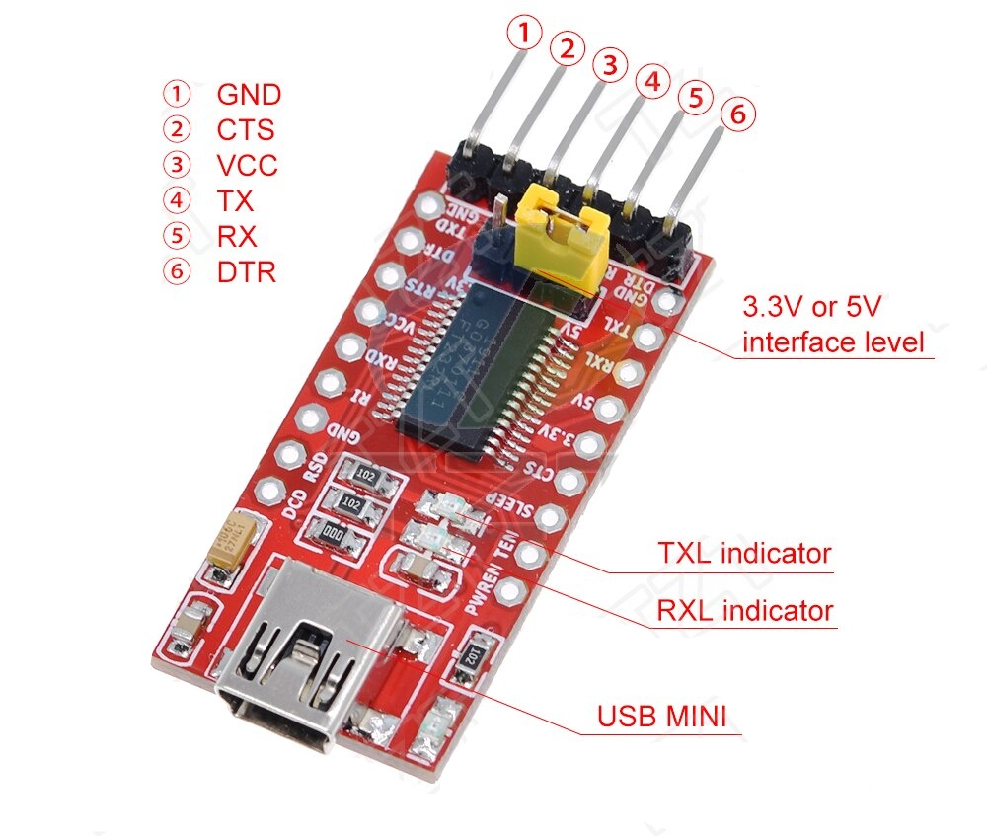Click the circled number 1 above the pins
click(x=524, y=35)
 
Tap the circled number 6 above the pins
click(x=737, y=114)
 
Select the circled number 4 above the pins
click(x=651, y=82)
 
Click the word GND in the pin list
click(x=249, y=95)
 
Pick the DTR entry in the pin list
click(x=246, y=271)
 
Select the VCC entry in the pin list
click(x=247, y=165)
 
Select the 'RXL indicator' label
click(x=744, y=610)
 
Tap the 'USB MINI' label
click(x=668, y=715)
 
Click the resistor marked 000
click(x=337, y=534)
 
